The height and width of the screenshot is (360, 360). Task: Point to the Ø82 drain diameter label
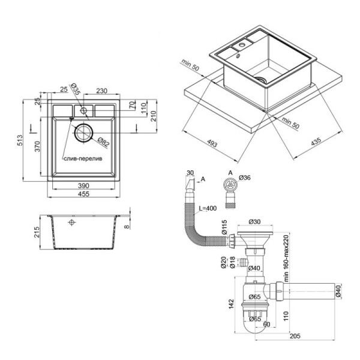click(103, 143)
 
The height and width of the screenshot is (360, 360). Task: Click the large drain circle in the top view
click(85, 133)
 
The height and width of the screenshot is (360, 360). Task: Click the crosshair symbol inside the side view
click(73, 223)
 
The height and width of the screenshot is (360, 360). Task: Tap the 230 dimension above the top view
click(101, 92)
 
